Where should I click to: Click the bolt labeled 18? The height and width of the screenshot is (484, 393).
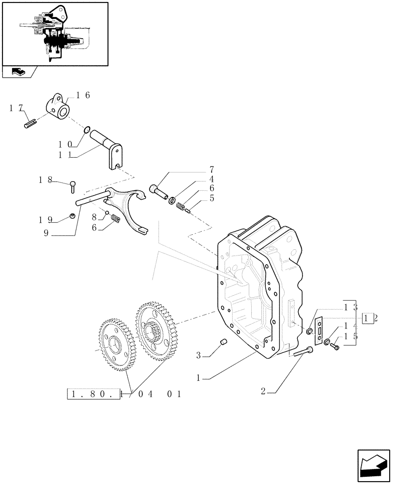coord(73,184)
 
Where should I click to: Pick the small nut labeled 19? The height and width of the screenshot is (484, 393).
coord(72,216)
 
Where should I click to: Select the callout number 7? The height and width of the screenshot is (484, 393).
coord(211,170)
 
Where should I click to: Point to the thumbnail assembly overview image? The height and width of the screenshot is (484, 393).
coord(55,33)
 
